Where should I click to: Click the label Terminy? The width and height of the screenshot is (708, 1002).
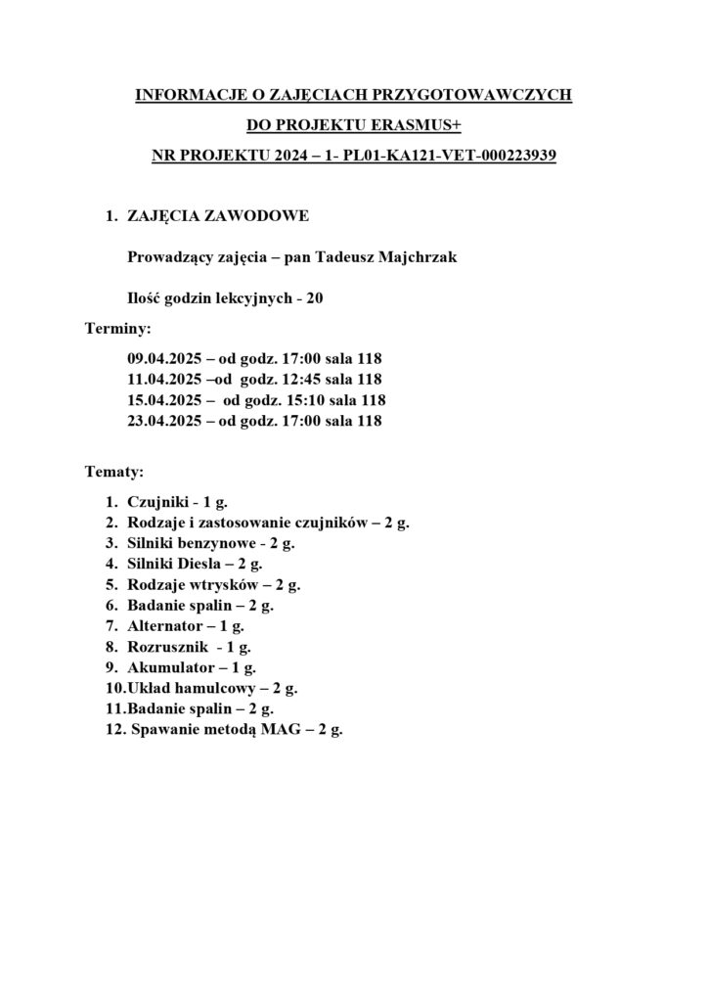point(118,330)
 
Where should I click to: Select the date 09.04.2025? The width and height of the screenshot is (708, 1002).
point(164,357)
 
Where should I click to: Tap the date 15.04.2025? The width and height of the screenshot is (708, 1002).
point(164,400)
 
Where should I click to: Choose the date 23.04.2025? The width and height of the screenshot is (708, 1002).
point(164,422)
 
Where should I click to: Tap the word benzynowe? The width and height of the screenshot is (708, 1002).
point(224,543)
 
